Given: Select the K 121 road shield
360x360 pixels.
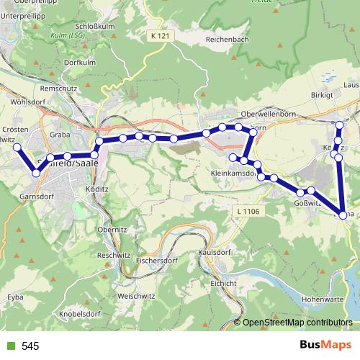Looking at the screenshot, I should coord(163,35).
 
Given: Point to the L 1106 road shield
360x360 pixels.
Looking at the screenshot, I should coord(247,210).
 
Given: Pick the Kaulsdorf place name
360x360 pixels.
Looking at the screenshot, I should coord(215,253).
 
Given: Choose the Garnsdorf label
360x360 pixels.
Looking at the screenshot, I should coord(38,195).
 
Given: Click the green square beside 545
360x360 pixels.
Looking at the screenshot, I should coord(9,346).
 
